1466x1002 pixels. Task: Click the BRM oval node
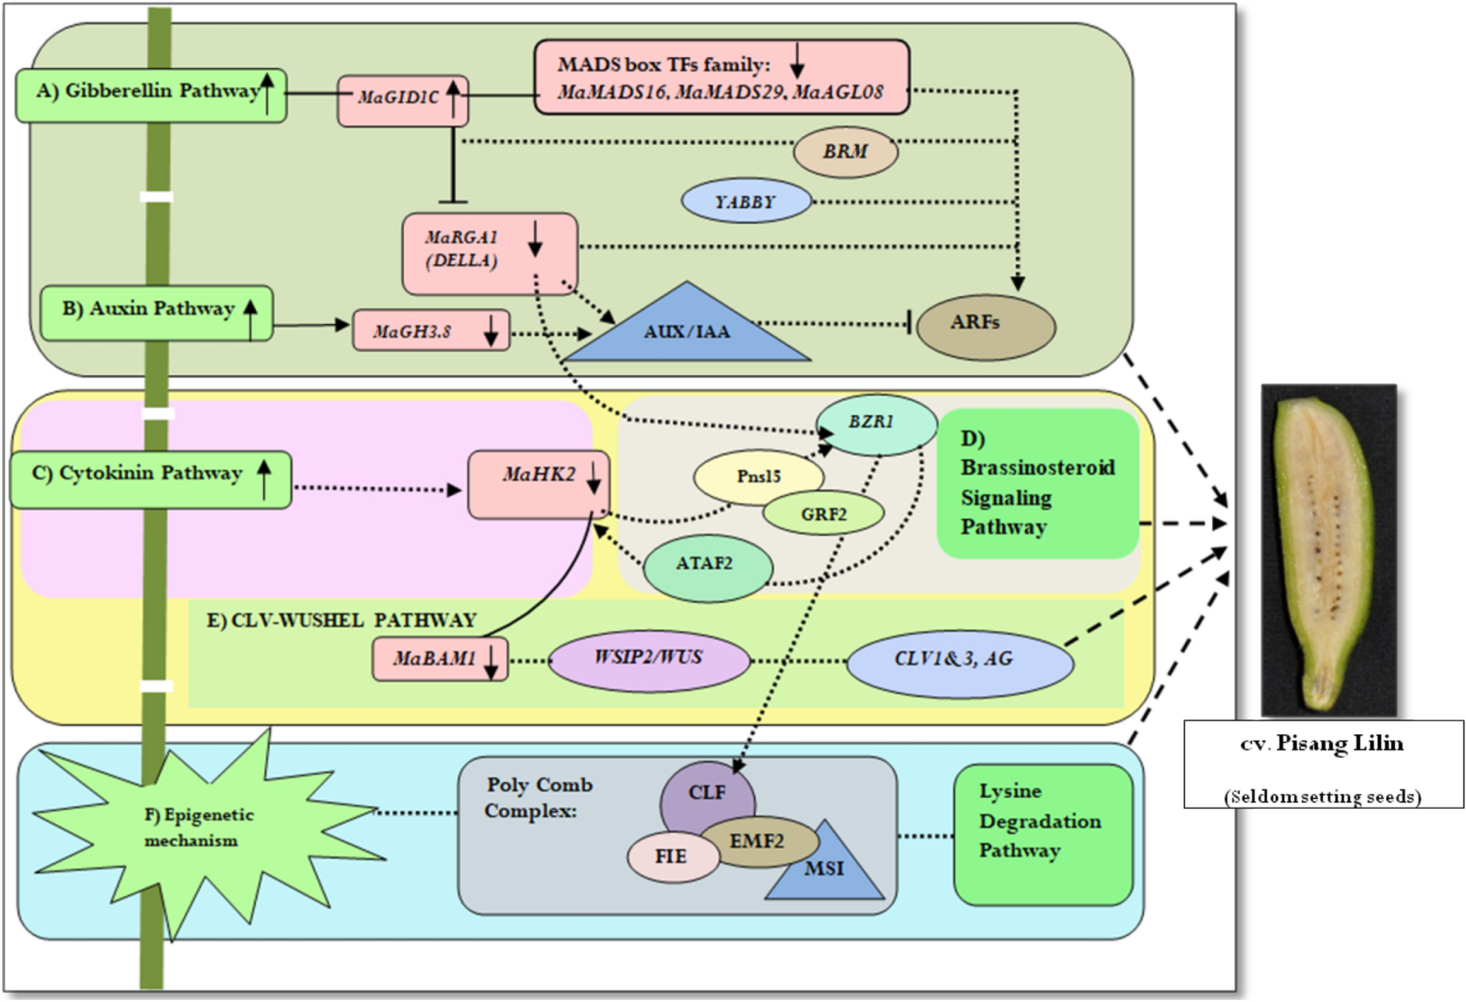(845, 152)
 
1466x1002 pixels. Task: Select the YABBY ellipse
(746, 201)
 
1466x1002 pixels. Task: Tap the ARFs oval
(985, 326)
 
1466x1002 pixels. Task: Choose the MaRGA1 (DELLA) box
(489, 252)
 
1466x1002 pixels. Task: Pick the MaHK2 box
(538, 485)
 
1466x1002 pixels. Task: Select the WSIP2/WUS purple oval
(649, 660)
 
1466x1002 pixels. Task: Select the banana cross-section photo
(1328, 550)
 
